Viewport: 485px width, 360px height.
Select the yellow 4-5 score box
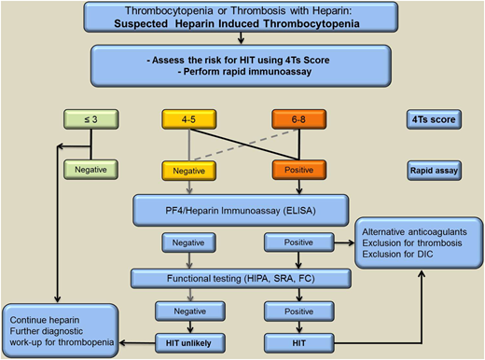pyautogui.click(x=190, y=120)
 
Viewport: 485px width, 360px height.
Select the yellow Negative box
pyautogui.click(x=190, y=171)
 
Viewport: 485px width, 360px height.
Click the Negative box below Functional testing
pyautogui.click(x=190, y=312)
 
